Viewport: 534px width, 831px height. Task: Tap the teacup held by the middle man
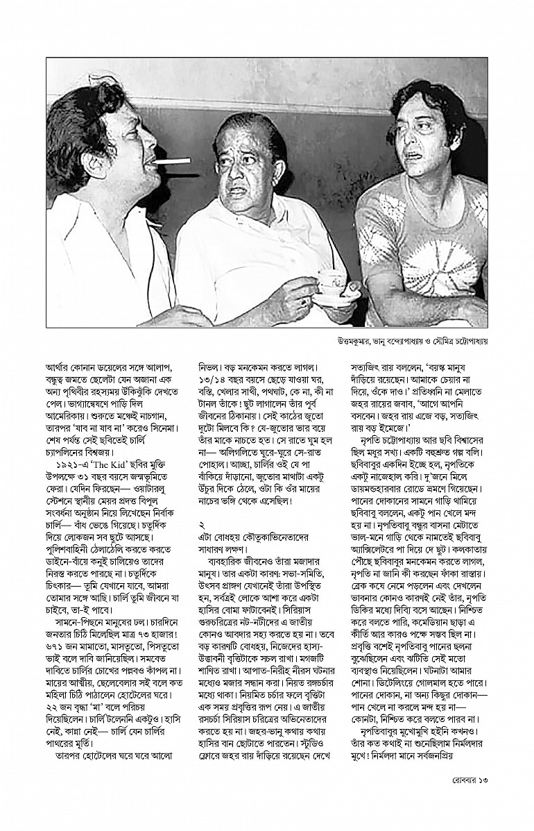[x=331, y=280]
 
